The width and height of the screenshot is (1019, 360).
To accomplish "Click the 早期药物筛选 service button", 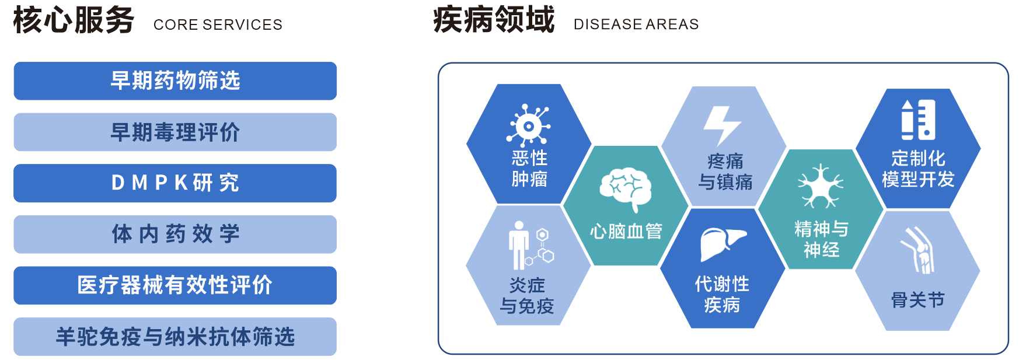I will click(175, 81).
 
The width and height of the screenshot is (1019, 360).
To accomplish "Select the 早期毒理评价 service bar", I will click(175, 132).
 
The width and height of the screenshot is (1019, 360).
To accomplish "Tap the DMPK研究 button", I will click(175, 183).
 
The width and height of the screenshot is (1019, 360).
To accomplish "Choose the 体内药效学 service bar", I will click(175, 235).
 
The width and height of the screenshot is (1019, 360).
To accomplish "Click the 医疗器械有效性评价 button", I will click(175, 285).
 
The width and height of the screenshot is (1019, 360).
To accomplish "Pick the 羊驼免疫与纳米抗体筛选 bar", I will click(175, 337).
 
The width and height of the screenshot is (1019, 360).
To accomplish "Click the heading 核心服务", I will click(74, 20).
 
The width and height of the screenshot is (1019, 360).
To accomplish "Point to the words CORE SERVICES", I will click(218, 25).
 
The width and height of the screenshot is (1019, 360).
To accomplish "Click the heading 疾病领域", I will click(494, 20).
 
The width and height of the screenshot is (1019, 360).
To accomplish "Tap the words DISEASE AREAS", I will click(636, 25).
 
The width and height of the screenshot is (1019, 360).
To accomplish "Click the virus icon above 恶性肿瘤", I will click(528, 125).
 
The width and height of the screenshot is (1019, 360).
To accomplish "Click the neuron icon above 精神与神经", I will click(821, 186).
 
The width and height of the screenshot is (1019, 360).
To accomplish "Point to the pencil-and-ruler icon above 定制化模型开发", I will click(918, 120).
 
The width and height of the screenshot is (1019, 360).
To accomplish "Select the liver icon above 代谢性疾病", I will click(723, 243).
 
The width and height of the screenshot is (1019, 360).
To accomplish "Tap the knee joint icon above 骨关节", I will click(919, 250).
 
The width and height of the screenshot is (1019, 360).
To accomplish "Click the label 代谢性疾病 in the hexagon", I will click(722, 294).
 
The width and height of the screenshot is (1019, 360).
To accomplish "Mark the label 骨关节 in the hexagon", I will click(917, 300).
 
